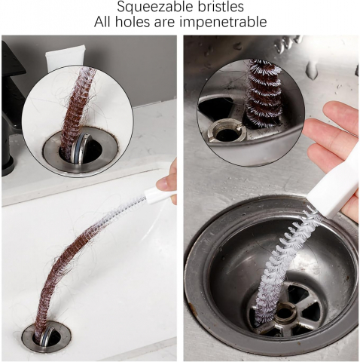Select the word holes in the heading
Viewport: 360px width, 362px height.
(x=132, y=22)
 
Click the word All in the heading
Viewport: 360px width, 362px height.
(x=102, y=22)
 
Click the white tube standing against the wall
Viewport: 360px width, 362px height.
(x=66, y=57)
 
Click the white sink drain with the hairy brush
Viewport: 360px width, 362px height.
(x=46, y=336)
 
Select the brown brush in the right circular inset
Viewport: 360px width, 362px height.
(x=264, y=94)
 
